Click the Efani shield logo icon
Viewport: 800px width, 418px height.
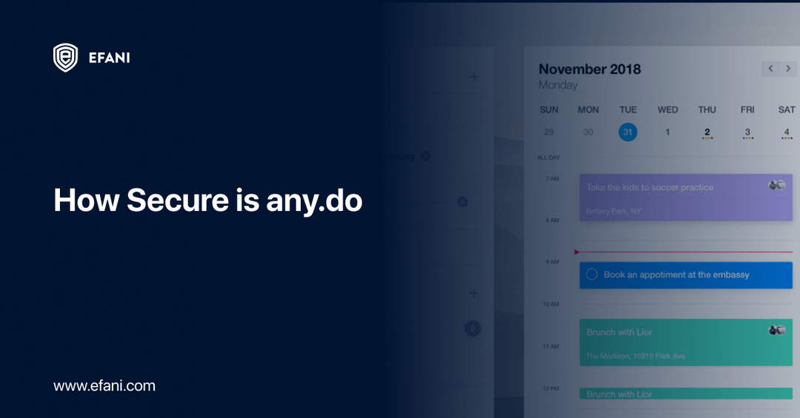coord(65,58)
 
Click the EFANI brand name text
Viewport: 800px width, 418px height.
coord(109,58)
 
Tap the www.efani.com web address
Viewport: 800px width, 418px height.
coord(104,385)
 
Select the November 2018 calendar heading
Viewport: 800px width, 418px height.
coord(590,69)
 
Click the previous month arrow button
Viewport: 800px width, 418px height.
coord(770,69)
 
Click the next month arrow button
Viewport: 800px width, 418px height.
coord(788,69)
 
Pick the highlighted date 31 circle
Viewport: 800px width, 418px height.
coord(628,132)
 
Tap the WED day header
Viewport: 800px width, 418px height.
coord(667,109)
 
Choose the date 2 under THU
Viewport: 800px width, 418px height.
coord(707,132)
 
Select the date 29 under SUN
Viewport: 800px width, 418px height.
coord(549,132)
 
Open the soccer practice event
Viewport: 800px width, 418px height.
coord(650,187)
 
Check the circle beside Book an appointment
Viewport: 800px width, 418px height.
coord(591,274)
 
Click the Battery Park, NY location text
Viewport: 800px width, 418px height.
coord(613,211)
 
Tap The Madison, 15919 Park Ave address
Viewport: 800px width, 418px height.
coord(635,356)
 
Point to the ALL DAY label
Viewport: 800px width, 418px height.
coord(549,158)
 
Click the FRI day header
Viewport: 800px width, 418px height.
coord(747,109)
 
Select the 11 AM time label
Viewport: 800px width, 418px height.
coord(550,345)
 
